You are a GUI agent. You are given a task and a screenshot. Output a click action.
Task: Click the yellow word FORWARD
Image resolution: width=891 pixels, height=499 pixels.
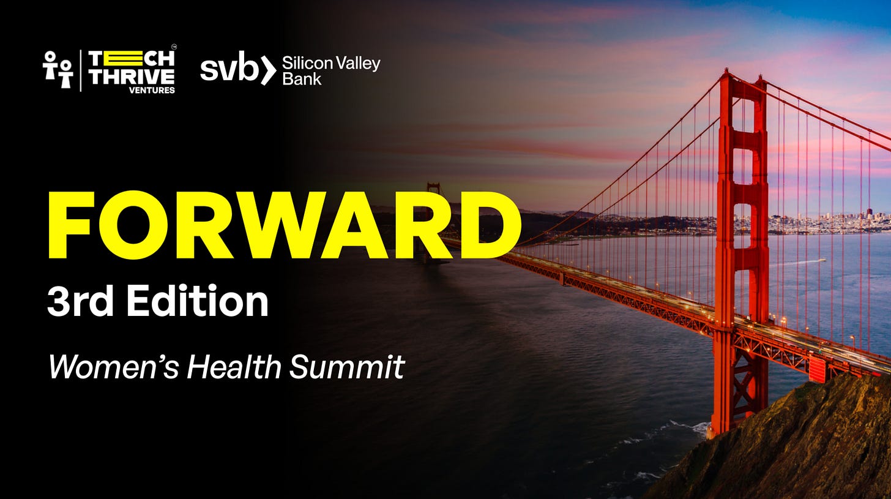(x=285, y=225)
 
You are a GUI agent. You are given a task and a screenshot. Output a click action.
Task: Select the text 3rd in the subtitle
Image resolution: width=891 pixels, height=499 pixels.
(x=80, y=301)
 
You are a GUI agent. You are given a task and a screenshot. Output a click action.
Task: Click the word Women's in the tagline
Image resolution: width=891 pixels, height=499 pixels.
(x=114, y=367)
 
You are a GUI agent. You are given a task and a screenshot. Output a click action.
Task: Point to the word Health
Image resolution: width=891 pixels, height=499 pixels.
(x=234, y=367)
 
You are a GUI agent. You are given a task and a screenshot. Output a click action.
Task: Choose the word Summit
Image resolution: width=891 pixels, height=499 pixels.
(x=347, y=367)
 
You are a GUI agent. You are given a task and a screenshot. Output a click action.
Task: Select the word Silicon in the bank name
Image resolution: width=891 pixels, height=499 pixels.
(x=307, y=63)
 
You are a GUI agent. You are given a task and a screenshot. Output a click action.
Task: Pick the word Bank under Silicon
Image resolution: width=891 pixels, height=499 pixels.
(x=302, y=79)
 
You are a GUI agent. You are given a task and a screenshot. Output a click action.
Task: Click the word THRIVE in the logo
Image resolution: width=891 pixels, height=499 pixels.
(x=132, y=77)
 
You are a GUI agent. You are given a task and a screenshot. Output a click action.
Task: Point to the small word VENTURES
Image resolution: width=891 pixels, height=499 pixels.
(x=152, y=91)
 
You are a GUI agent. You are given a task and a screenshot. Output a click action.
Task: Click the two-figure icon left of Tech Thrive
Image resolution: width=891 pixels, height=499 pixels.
(x=58, y=69)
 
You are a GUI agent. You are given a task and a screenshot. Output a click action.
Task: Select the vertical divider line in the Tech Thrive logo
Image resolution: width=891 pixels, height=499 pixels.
(x=81, y=71)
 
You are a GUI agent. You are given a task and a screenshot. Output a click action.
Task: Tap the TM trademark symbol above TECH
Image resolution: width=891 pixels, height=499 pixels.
(x=173, y=47)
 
